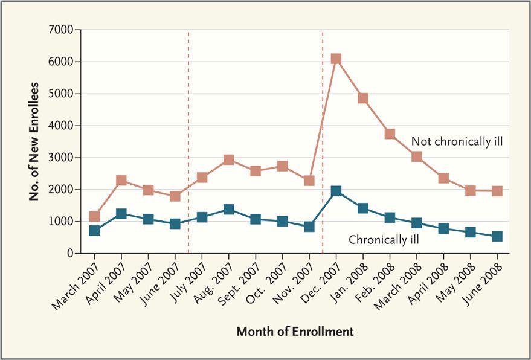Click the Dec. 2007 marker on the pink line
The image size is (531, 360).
[336, 59]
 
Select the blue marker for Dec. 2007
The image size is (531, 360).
[336, 191]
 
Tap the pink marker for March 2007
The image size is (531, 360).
[94, 216]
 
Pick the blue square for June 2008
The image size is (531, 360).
[497, 236]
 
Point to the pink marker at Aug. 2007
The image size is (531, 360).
[229, 159]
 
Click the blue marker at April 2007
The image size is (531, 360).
[121, 214]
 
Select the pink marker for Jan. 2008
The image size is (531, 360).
[363, 98]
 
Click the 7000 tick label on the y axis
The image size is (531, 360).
[61, 30]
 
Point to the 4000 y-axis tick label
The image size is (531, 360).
[61, 126]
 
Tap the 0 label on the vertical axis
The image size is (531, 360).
[69, 254]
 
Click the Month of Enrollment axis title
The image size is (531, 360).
[295, 332]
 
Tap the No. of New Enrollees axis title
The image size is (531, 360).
[36, 141]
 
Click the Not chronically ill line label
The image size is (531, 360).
[457, 141]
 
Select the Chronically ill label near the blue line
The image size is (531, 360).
[384, 240]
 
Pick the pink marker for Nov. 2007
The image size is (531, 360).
[309, 180]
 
